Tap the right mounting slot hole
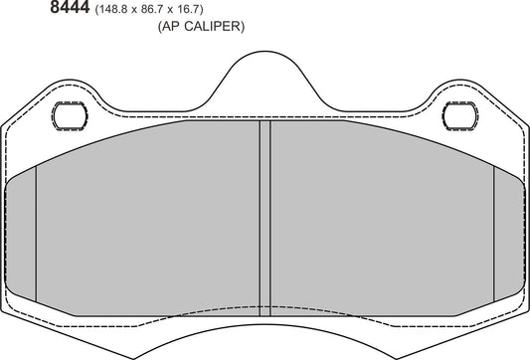coord(459,114)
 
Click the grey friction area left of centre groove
coord(149,219)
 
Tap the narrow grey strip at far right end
coord(509,234)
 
